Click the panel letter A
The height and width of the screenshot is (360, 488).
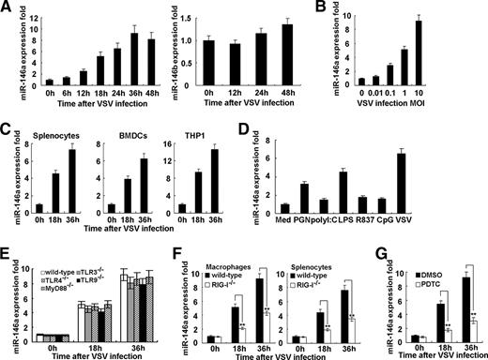click(x=7, y=7)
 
